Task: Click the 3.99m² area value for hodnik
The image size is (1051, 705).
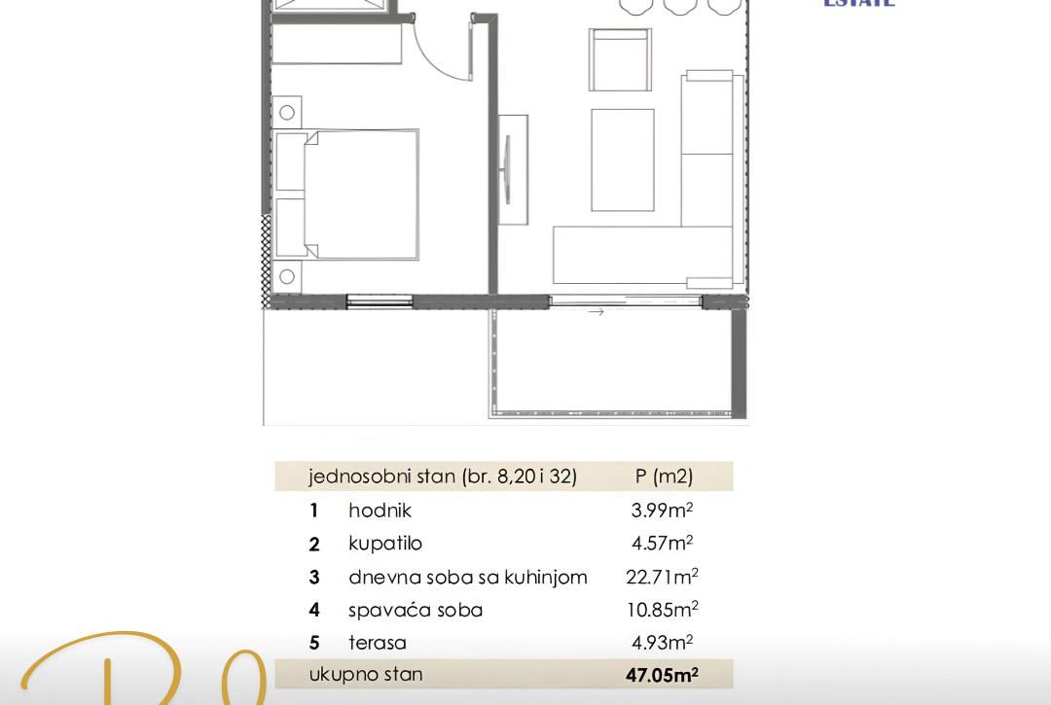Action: point(662,511)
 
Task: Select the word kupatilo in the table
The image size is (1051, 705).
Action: point(385,544)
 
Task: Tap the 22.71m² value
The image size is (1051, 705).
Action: point(662,577)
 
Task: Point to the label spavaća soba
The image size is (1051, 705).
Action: point(416,611)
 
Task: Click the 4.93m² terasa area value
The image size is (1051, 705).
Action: point(662,643)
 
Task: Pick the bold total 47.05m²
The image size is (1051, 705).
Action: point(662,675)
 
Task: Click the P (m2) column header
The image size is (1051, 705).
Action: point(664,476)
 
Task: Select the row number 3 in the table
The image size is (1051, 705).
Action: point(314,578)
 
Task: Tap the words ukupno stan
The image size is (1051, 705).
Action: point(366,674)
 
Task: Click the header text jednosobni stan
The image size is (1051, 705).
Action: point(381,476)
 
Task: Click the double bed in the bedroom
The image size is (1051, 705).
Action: point(360,194)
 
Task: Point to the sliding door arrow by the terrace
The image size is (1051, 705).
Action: point(597,312)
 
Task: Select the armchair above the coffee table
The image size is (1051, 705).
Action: point(619,60)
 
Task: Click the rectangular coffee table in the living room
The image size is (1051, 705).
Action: point(623,159)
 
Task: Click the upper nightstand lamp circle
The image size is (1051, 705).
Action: point(287,113)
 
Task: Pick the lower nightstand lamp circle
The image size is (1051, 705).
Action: point(287,277)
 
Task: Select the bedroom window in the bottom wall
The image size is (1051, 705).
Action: point(380,301)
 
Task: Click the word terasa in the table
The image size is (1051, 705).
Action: point(378,643)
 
